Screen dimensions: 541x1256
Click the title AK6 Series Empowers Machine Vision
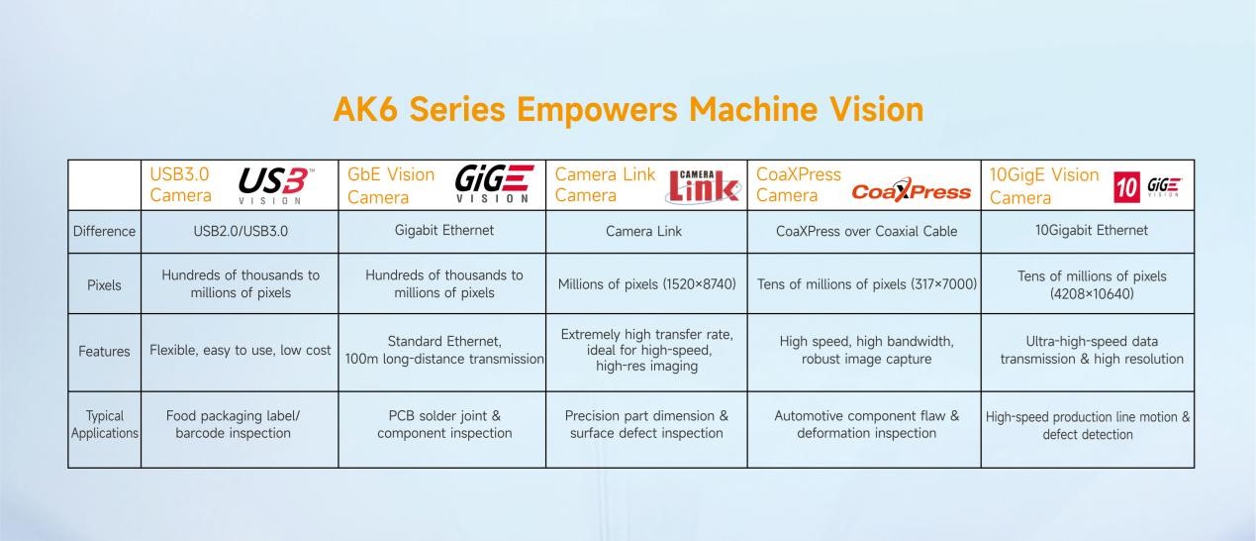pos(628,109)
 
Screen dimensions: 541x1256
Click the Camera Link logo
pos(704,185)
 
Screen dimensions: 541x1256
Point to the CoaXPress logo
pos(911,190)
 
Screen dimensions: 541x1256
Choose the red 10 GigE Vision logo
pos(1148,185)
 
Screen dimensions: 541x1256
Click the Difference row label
pos(104,231)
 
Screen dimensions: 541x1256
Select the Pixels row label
pos(104,285)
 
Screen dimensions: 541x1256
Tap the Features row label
pos(104,351)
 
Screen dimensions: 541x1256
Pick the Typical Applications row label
pos(104,425)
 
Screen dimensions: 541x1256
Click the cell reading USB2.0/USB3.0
pos(241,231)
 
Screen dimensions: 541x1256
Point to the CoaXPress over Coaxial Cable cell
pos(866,231)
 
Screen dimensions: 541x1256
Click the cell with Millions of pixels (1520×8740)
pos(646,284)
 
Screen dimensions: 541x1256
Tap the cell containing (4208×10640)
pos(1088,284)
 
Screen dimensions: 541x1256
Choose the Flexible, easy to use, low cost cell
pos(241,351)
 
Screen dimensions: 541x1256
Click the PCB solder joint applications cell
pos(444,425)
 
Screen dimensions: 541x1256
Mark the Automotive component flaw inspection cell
pos(866,425)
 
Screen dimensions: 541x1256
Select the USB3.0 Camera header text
pos(181,184)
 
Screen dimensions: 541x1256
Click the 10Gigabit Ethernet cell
pos(1088,230)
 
